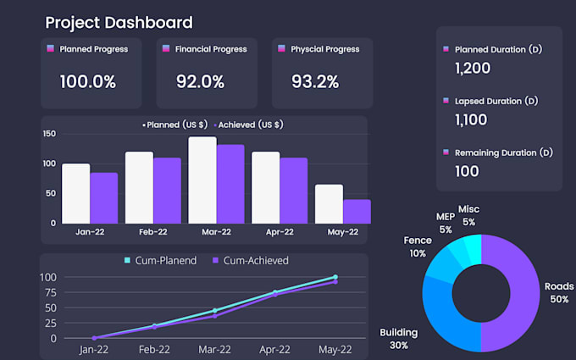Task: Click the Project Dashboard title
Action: (x=119, y=23)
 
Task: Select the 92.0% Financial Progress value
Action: (x=200, y=82)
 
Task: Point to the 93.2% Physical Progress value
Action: (x=314, y=82)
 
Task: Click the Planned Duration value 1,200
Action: (x=471, y=68)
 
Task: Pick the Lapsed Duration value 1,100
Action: (x=471, y=119)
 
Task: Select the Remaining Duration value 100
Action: (x=467, y=171)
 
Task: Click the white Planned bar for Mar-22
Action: (x=202, y=180)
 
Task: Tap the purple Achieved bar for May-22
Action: (x=357, y=211)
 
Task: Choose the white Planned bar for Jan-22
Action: (x=76, y=193)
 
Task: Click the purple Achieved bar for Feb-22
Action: (x=167, y=190)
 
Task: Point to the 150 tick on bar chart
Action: (x=48, y=134)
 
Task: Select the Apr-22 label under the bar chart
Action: (x=280, y=232)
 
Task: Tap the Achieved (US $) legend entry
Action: (x=250, y=125)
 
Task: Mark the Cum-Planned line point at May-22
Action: (x=335, y=277)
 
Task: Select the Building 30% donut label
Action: (x=398, y=339)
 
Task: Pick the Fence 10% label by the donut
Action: (x=418, y=247)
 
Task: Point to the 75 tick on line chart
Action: (x=48, y=292)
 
